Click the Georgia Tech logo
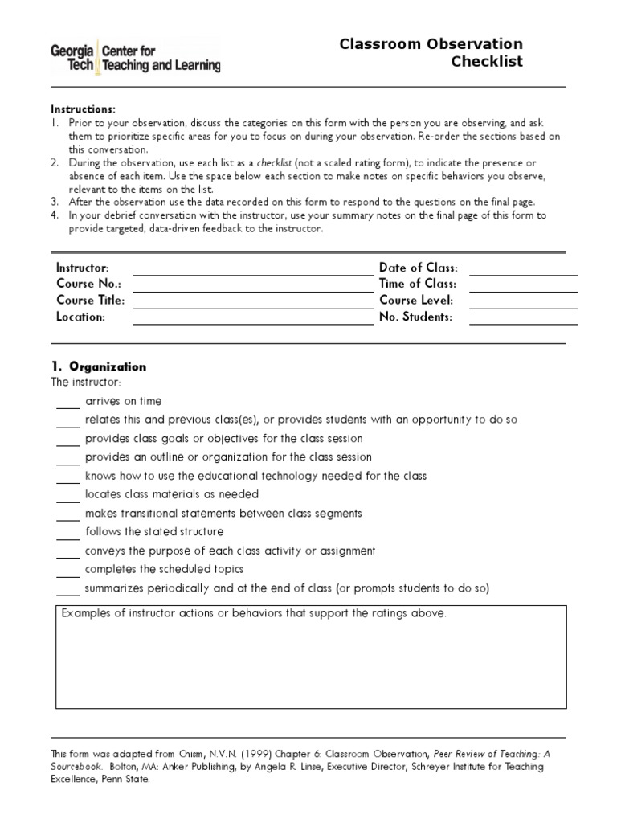135,57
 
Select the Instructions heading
84,109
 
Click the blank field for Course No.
253,288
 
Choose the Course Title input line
253,305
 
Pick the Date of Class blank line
523,272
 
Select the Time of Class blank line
523,288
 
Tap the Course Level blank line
523,305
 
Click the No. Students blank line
523,321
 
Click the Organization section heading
99,366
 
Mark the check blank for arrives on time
67,405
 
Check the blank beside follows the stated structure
67,535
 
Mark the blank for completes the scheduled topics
67,573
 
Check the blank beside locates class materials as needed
67,498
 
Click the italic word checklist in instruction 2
274,162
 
